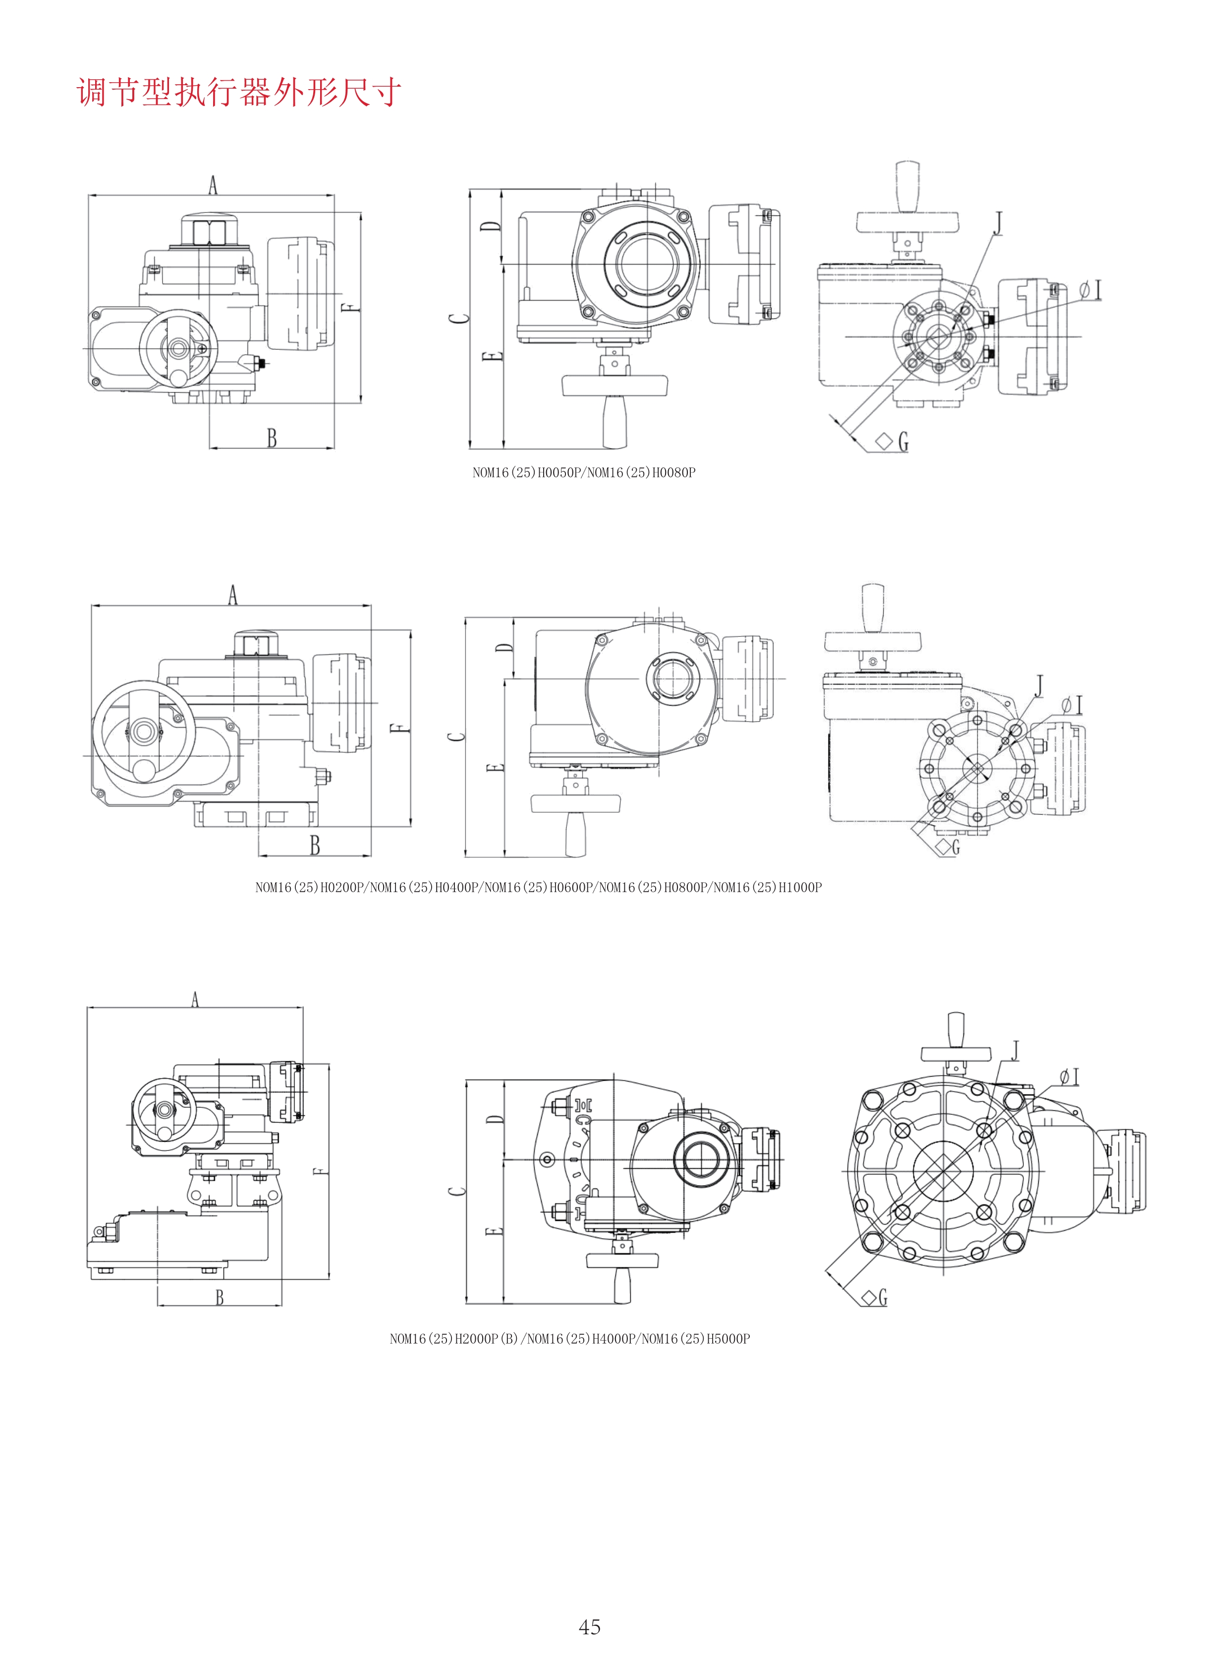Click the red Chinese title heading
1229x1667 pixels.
239,92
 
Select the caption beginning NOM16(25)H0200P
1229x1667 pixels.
539,887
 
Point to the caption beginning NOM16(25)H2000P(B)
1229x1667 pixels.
570,1338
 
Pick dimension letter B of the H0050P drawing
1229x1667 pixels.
272,438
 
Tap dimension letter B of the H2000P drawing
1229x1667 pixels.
220,1298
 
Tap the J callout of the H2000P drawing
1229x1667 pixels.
1015,1050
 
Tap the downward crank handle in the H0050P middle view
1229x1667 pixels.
614,421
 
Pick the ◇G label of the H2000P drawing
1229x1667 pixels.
875,1298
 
